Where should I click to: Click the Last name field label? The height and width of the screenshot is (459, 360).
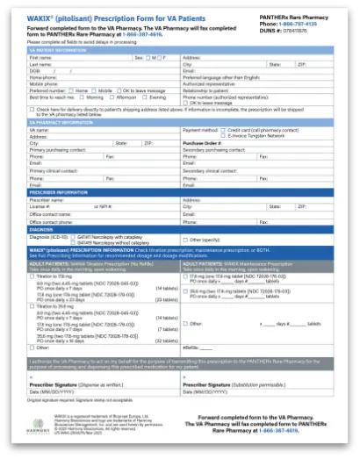[x=40, y=64]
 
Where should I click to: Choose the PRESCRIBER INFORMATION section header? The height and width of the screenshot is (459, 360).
[x=60, y=192]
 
